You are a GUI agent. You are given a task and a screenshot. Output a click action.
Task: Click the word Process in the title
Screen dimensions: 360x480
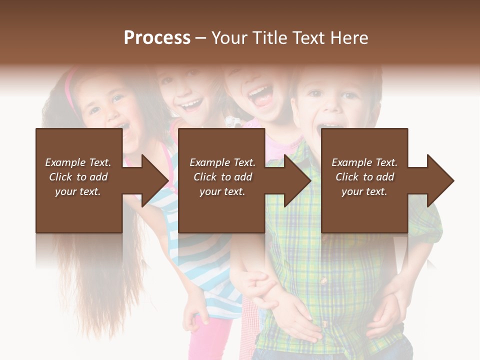click(157, 38)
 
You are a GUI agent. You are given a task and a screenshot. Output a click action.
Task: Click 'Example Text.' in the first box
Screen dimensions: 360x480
click(78, 162)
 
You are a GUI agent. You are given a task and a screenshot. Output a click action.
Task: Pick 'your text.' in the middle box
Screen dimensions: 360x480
click(222, 191)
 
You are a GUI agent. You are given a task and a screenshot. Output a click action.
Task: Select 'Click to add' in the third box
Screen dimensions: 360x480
click(364, 177)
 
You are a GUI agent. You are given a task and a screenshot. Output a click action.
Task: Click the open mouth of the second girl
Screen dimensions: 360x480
click(191, 105)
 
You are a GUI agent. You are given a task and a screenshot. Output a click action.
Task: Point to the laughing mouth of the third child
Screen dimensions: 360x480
click(260, 95)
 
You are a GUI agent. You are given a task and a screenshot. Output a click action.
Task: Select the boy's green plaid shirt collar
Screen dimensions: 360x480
click(300, 150)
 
